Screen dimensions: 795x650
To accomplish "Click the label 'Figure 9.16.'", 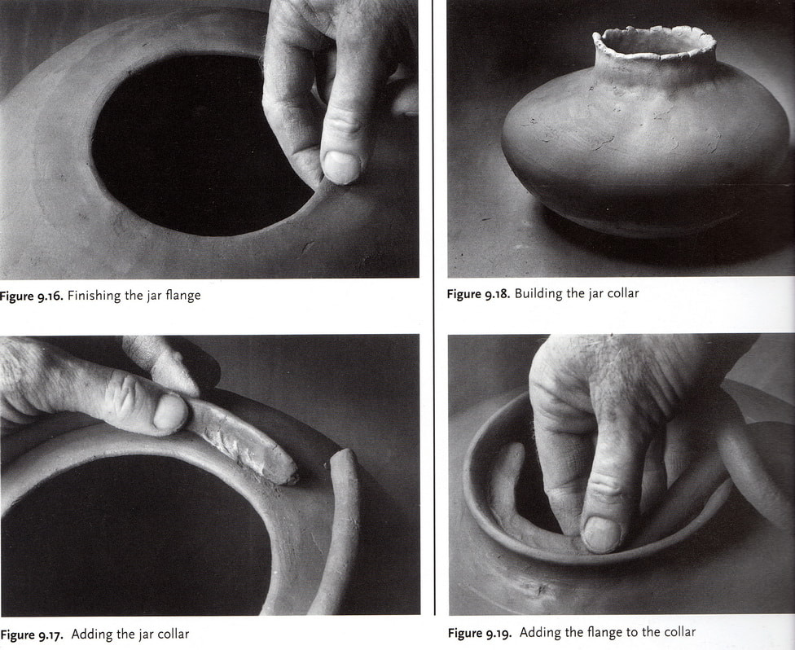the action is coord(32,296).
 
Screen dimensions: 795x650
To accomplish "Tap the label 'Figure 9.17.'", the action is coord(32,635).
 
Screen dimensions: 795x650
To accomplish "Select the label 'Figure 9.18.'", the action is coord(478,294).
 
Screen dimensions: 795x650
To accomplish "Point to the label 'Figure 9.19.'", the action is coord(480,633).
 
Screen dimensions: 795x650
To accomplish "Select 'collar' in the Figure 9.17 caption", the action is coord(173,635).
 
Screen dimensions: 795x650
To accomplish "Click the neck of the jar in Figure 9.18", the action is coord(655,71).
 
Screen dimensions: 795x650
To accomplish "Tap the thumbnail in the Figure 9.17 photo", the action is coord(170,413).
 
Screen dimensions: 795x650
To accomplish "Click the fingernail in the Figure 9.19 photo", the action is coord(601,534).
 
